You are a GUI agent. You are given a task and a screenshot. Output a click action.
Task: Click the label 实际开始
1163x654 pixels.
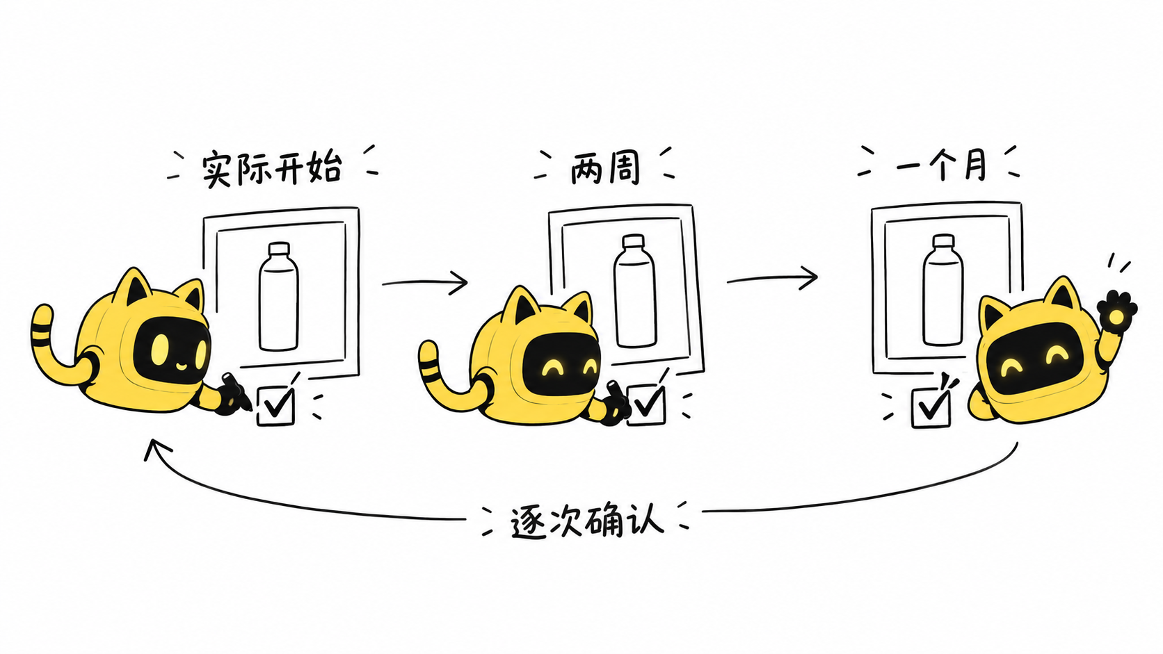pyautogui.click(x=272, y=168)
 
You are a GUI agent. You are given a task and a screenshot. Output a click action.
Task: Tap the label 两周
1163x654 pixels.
pyautogui.click(x=605, y=168)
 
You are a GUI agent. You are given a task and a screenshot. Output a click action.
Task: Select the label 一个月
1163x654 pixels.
pyautogui.click(x=941, y=165)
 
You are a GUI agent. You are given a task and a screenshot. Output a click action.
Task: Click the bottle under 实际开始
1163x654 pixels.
pyautogui.click(x=278, y=297)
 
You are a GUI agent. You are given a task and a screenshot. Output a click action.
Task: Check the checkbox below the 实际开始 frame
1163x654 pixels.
pyautogui.click(x=275, y=406)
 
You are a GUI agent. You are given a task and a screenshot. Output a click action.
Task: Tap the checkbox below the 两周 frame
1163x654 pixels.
pyautogui.click(x=646, y=404)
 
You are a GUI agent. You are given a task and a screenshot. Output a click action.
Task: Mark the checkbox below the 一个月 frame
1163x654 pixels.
pyautogui.click(x=931, y=408)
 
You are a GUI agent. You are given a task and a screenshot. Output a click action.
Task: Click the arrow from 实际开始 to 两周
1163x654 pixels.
pyautogui.click(x=425, y=283)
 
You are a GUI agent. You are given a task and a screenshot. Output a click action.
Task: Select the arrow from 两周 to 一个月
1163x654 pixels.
pyautogui.click(x=772, y=279)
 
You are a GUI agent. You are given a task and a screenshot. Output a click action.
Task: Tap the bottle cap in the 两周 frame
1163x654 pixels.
pyautogui.click(x=634, y=241)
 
